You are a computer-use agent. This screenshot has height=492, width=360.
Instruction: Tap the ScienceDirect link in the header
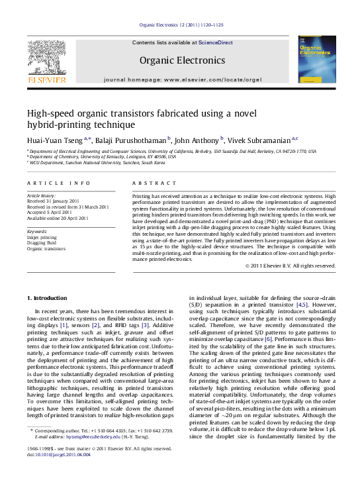[216, 42]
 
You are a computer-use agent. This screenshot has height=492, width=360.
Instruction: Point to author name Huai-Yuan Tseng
[54, 140]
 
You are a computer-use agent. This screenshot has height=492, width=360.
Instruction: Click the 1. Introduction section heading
[50, 299]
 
